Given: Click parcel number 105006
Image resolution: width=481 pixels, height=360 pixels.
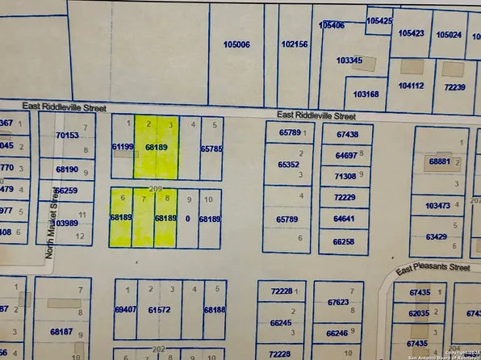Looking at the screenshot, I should [236, 45].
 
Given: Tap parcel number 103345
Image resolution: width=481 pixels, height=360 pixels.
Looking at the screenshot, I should [349, 61].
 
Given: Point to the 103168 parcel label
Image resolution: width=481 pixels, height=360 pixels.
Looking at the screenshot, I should [366, 94].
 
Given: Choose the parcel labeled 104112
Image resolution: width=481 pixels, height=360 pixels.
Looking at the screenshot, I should [411, 86].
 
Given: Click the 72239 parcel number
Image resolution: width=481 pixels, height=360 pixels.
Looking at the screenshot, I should [454, 87].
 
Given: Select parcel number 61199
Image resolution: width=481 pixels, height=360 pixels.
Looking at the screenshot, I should [122, 147].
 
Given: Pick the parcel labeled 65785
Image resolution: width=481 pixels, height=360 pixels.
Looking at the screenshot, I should [211, 149].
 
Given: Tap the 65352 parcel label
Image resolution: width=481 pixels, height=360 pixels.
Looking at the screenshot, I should [288, 165].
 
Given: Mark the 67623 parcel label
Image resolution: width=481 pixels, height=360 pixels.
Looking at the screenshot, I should [338, 303].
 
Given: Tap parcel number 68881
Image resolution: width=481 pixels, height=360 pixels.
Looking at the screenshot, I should [440, 161].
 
